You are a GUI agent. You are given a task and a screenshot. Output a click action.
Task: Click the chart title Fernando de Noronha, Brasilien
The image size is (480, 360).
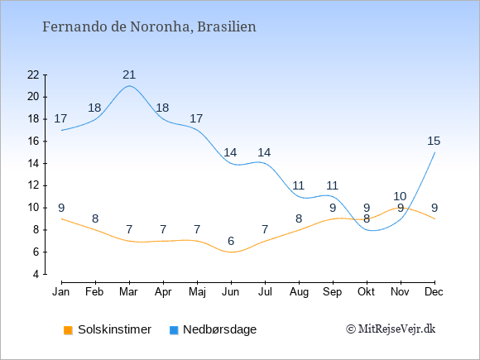[x=149, y=26]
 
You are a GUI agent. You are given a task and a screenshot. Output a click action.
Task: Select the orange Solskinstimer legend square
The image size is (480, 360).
[x=68, y=330]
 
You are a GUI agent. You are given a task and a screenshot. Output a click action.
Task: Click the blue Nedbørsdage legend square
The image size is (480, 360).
[x=174, y=330]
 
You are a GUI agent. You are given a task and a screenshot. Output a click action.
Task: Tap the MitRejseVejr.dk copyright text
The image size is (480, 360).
[x=391, y=329]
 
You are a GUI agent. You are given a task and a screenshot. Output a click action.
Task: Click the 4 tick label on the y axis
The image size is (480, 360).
[x=36, y=274]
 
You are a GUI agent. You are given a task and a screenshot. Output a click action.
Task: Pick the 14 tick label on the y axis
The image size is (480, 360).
[x=33, y=164]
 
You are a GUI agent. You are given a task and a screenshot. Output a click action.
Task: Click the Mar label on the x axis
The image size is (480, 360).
[x=128, y=292]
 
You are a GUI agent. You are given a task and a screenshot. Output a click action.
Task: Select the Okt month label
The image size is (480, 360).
[x=366, y=292]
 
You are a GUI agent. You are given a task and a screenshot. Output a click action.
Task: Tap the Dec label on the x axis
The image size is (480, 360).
[x=434, y=292]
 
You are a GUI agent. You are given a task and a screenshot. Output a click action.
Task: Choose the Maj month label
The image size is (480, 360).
[x=197, y=292]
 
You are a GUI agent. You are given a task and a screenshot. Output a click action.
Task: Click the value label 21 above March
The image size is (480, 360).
[x=129, y=74]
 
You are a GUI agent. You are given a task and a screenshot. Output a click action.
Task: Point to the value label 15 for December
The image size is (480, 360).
[x=434, y=142]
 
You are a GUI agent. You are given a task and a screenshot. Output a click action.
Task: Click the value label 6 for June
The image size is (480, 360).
[x=231, y=241]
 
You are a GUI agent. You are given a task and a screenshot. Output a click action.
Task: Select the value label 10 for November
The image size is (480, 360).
[x=400, y=196]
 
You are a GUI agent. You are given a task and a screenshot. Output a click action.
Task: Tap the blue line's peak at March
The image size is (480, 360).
[x=129, y=86]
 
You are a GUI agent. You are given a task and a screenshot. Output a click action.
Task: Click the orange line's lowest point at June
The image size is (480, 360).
[x=231, y=252]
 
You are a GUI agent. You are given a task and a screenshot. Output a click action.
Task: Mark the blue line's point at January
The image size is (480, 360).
[x=62, y=131]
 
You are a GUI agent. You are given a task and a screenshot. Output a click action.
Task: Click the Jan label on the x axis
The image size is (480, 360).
[x=61, y=292]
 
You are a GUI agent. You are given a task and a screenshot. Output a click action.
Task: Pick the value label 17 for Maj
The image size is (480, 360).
[x=196, y=119]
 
